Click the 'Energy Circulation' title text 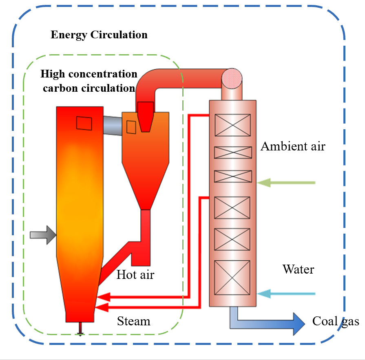tap(99, 35)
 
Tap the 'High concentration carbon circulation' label tap(88, 81)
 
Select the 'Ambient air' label tap(293, 146)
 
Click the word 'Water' tap(299, 269)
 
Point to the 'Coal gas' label tap(336, 321)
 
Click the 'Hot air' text tap(135, 274)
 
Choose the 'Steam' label tap(134, 321)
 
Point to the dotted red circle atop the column tap(232, 77)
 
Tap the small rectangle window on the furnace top tap(84, 123)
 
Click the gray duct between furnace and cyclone tap(113, 126)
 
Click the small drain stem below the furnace tap(80, 329)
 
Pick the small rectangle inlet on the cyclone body tap(131, 127)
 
